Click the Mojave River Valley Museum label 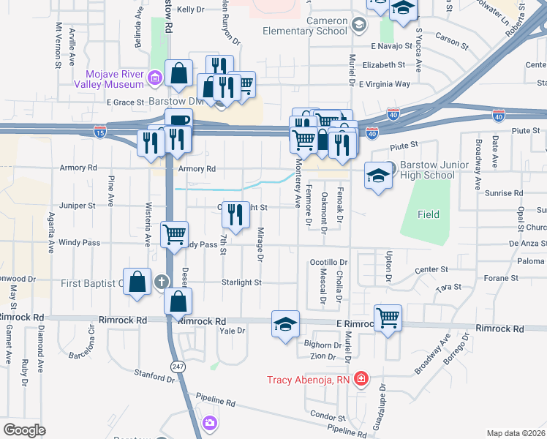tap(113, 79)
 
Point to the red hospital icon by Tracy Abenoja tap(361, 379)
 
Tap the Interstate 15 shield tap(100, 132)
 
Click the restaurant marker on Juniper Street tap(235, 214)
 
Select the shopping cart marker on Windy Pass tap(174, 235)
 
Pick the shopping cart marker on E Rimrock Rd tap(388, 318)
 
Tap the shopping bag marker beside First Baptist tap(137, 281)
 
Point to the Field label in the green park tap(429, 214)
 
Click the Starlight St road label tap(242, 282)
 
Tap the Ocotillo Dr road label tap(328, 262)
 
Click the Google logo tap(25, 430)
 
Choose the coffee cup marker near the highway tap(178, 121)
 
